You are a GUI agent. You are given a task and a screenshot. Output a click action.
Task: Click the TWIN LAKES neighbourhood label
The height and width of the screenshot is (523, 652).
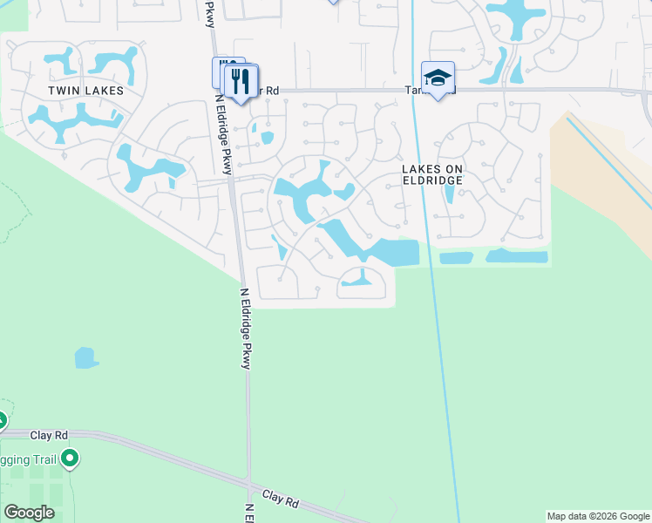coord(85,91)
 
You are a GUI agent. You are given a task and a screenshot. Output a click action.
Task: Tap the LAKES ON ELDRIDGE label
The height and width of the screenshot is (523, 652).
coord(431,173)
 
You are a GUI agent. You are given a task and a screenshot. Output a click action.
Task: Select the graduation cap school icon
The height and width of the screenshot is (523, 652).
coord(438,76)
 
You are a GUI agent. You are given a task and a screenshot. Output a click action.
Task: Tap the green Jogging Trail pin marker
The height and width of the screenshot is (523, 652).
coord(71,458)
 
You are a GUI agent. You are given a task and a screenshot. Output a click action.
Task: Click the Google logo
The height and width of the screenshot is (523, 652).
coord(29,513)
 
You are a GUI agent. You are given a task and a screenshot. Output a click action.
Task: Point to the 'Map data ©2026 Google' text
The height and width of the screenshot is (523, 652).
coord(598,516)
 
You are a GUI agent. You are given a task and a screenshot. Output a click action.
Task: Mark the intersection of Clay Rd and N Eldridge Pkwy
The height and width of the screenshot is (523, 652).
coord(248,486)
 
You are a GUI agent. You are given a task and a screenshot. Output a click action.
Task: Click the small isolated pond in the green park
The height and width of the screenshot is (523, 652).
coord(85,357)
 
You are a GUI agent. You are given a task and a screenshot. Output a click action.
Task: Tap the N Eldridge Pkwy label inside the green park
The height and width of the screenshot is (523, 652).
coord(246,329)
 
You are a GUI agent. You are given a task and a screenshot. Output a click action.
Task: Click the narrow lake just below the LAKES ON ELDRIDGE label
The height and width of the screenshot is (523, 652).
coord(448,193)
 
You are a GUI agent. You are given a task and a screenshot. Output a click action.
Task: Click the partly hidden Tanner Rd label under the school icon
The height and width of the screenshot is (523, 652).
coord(411,90)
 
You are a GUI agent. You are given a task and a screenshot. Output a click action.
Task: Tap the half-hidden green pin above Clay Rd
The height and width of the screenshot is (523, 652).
coord(2,421)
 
